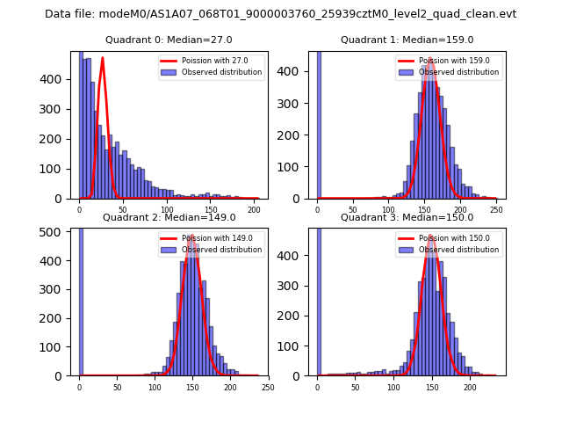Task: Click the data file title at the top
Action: (x=281, y=14)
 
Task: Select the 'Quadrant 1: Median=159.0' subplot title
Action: (x=407, y=40)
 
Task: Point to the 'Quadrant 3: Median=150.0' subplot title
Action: (x=407, y=217)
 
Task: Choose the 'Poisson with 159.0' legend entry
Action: (x=448, y=62)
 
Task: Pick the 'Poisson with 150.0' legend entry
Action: (x=448, y=238)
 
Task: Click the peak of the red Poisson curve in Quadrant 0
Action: (x=103, y=59)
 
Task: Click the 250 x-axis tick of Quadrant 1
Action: (x=496, y=207)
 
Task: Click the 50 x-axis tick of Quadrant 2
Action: (x=117, y=385)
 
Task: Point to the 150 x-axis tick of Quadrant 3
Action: (x=431, y=385)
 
